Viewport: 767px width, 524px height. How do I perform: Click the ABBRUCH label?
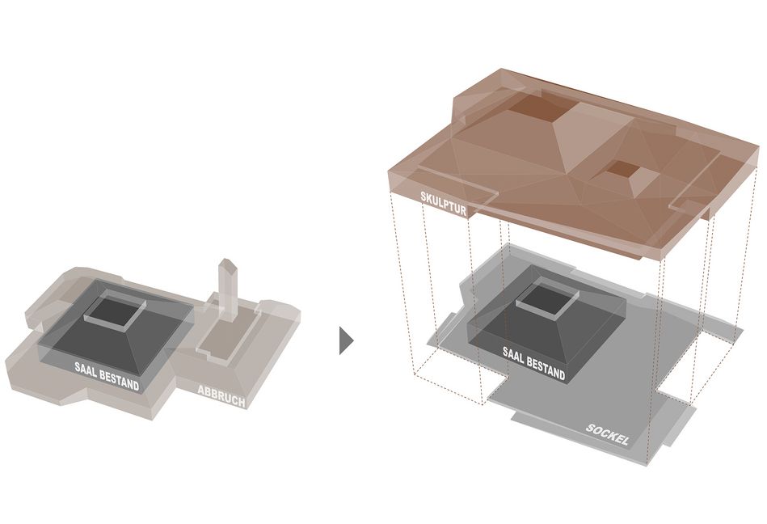tap(221, 395)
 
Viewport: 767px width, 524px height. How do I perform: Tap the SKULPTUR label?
tap(443, 204)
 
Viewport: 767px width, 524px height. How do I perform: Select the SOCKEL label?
tap(608, 434)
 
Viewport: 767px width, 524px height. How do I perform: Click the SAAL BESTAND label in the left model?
tap(107, 376)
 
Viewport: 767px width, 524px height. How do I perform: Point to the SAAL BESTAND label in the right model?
tap(533, 363)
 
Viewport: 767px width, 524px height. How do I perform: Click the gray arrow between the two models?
tap(346, 340)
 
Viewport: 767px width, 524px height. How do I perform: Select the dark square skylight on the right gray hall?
tap(546, 298)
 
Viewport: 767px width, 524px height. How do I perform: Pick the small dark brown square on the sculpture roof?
tap(622, 168)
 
